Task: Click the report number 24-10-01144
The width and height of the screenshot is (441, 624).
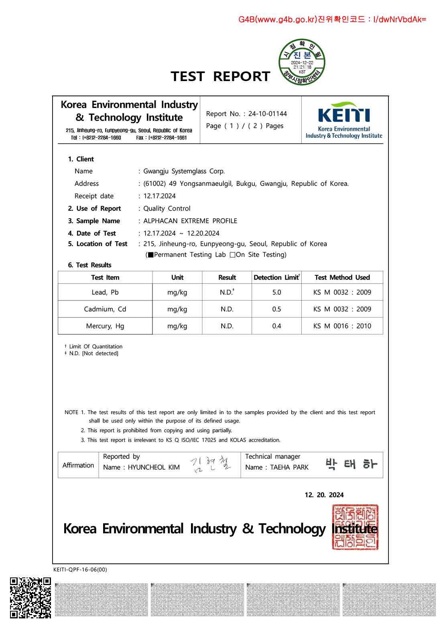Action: tap(267, 114)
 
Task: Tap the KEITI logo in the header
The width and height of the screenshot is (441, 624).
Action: tap(344, 120)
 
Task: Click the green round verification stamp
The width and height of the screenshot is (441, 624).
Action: tap(302, 62)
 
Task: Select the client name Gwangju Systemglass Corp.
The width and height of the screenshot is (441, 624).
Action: tap(184, 171)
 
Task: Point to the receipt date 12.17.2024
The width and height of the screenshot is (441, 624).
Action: tap(159, 196)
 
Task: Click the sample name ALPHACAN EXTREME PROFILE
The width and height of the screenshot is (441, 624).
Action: tap(190, 221)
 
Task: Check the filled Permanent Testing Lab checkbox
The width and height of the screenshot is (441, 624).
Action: tap(151, 255)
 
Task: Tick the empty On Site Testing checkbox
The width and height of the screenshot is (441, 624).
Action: tap(232, 255)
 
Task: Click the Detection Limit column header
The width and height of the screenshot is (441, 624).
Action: tap(276, 277)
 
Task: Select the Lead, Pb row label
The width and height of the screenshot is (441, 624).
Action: tap(105, 292)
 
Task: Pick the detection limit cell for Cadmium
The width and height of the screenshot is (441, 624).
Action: tap(276, 309)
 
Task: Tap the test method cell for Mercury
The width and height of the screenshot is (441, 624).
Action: tap(342, 326)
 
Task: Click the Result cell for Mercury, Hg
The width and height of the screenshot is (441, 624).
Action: tap(227, 326)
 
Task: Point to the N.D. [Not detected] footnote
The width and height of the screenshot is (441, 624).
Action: tap(93, 354)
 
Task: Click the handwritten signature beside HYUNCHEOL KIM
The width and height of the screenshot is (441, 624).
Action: tap(211, 464)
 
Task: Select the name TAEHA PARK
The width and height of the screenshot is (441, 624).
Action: tap(289, 467)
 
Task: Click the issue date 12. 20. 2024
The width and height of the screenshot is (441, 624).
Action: tap(324, 495)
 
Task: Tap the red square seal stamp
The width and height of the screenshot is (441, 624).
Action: tap(355, 527)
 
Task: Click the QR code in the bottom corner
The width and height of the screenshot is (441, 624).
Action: tap(30, 598)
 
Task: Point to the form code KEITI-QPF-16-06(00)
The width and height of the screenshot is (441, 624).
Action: tap(80, 569)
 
